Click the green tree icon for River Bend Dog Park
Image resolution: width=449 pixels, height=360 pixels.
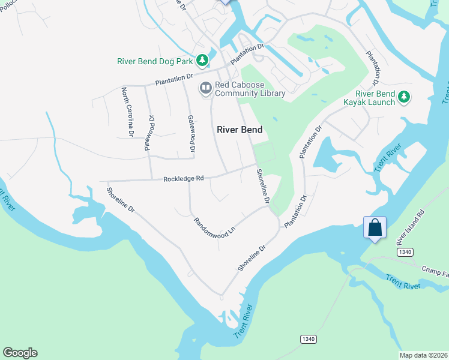click(203, 60)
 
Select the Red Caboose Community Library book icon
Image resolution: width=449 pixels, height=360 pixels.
click(206, 88)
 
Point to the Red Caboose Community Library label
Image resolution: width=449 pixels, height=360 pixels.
click(241, 89)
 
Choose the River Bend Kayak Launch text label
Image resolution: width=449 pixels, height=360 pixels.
click(375, 98)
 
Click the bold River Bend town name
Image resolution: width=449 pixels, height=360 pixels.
click(240, 130)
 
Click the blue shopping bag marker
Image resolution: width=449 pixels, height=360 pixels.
click(375, 228)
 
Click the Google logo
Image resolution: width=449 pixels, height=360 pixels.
click(20, 353)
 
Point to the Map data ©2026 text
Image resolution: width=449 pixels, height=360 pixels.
click(423, 355)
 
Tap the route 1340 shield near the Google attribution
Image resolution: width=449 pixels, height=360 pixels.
click(308, 340)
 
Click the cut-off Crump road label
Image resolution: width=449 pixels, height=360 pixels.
click(435, 271)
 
